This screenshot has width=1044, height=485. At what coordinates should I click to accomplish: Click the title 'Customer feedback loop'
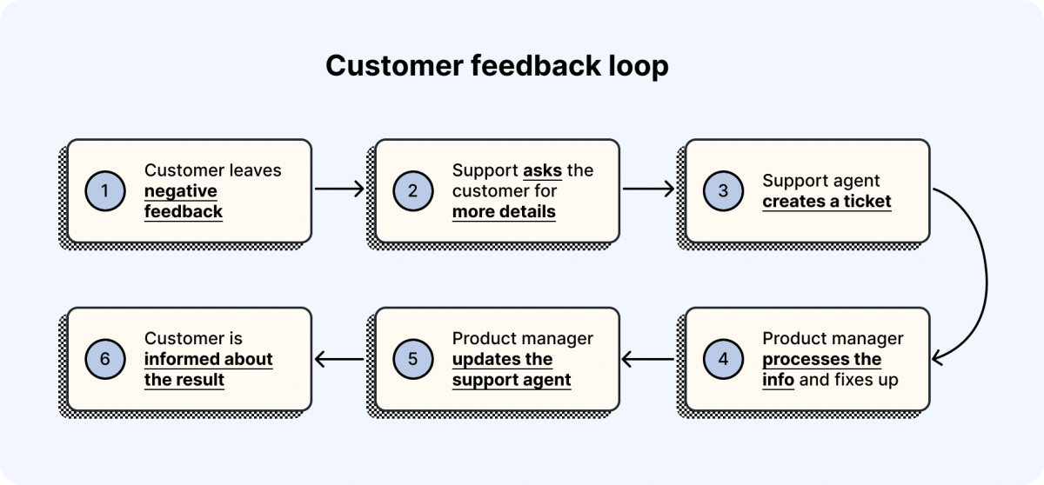click(x=497, y=66)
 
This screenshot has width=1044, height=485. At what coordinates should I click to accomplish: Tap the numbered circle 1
click(x=104, y=190)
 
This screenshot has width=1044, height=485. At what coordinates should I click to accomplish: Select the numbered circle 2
click(x=413, y=190)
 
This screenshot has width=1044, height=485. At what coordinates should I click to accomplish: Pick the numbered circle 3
click(x=722, y=190)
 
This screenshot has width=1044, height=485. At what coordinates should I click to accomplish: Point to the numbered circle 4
click(x=722, y=359)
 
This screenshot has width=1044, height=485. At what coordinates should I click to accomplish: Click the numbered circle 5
click(x=413, y=359)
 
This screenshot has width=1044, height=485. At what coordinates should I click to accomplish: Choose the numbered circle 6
click(x=104, y=359)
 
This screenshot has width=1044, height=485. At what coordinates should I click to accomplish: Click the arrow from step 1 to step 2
click(x=338, y=188)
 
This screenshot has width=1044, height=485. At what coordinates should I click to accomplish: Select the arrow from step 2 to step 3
click(x=648, y=188)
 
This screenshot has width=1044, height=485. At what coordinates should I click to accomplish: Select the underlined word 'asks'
click(x=542, y=170)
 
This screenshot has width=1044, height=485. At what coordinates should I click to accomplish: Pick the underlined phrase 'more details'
click(x=504, y=211)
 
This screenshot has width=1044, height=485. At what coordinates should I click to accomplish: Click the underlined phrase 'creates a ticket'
click(x=826, y=202)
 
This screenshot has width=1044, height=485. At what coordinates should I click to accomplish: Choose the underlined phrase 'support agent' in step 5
click(x=512, y=380)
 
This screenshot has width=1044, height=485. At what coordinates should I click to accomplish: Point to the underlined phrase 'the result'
click(x=184, y=380)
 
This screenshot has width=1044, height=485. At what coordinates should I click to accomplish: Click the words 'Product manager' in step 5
click(x=523, y=338)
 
